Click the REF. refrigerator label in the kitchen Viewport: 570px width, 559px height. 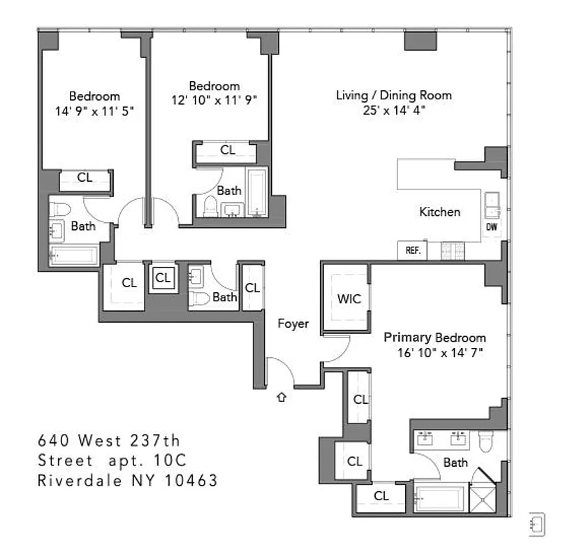[411, 251]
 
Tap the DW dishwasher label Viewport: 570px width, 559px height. [492, 227]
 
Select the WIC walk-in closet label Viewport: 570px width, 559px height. [349, 299]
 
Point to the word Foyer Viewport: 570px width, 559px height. [293, 324]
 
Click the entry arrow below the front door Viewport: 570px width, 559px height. [282, 398]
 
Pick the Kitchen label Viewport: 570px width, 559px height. [439, 212]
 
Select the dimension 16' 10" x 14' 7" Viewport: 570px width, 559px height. [434, 352]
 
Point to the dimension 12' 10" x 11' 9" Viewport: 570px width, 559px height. [214, 100]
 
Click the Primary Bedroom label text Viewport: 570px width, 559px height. [434, 337]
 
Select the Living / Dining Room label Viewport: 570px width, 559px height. [393, 95]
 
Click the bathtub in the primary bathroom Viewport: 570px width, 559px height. [440, 499]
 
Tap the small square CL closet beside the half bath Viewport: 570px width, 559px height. [163, 278]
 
